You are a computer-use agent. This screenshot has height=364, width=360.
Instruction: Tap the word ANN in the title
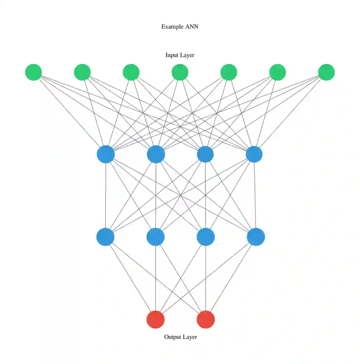tap(191, 27)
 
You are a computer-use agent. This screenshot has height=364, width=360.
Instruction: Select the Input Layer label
tap(180, 55)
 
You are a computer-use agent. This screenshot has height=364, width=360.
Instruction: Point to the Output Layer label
tap(180, 337)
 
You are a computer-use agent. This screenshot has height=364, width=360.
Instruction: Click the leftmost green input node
tap(33, 72)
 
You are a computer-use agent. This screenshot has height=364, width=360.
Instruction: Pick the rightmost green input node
tap(326, 72)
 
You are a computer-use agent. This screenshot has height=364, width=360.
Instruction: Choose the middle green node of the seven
tap(180, 72)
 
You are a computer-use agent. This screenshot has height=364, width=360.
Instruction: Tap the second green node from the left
tap(82, 72)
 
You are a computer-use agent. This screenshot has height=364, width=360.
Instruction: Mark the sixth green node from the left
tap(277, 72)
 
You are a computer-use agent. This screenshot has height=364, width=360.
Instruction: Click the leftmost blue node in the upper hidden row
tap(106, 155)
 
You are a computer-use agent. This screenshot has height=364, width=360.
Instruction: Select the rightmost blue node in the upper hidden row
tap(254, 155)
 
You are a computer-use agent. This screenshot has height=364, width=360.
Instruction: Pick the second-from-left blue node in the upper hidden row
tap(156, 155)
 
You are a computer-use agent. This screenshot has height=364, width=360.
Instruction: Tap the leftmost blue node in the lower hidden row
tap(105, 237)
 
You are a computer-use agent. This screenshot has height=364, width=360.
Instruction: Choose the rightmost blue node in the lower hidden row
tap(256, 237)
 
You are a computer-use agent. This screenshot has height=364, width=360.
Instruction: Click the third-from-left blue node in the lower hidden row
tap(206, 237)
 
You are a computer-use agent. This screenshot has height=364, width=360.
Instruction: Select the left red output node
tap(156, 319)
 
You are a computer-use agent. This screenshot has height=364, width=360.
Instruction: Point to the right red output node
tap(206, 319)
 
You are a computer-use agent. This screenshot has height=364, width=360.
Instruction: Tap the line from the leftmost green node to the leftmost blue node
tap(70, 113)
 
